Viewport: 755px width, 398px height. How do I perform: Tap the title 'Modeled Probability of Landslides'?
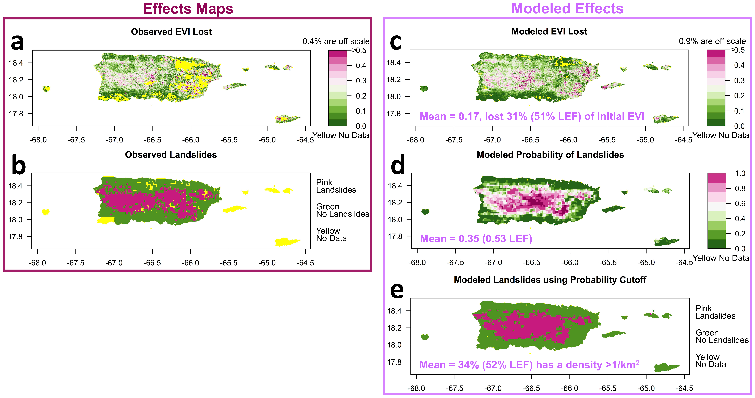coord(550,155)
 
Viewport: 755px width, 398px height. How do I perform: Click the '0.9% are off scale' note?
coord(712,41)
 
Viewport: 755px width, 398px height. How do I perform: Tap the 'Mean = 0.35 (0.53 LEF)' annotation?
coord(476,239)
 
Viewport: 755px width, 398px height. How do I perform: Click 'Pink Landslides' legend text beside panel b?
coord(336,186)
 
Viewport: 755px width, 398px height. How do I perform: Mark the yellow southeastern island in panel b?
coord(287,242)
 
